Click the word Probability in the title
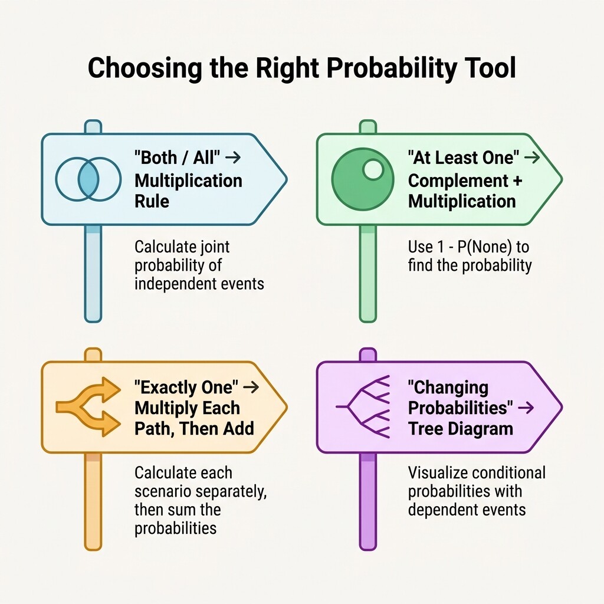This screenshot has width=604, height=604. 391,68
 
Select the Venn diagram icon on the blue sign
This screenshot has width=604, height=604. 88,179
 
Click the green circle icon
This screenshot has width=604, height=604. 363,179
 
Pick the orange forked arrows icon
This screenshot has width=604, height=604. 88,407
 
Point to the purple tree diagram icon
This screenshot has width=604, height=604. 363,406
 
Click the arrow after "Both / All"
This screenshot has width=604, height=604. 232,157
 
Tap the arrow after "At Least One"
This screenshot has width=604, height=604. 532,157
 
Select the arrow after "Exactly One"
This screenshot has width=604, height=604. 251,387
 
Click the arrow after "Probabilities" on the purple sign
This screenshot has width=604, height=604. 526,408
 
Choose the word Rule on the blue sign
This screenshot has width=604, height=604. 152,201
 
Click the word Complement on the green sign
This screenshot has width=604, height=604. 458,181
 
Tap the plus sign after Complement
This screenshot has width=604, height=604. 517,180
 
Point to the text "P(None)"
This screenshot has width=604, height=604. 485,247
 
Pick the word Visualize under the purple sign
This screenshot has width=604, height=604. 434,472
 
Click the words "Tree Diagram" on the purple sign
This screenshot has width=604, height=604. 461,429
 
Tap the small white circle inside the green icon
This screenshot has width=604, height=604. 373,169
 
